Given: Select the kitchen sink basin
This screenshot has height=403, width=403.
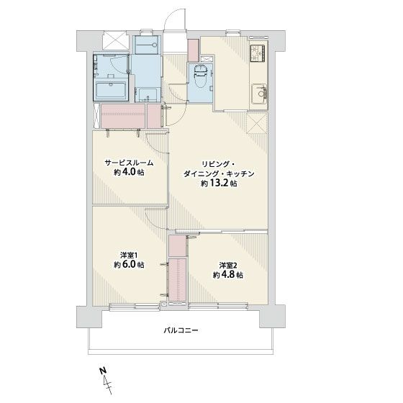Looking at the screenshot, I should point(258,92).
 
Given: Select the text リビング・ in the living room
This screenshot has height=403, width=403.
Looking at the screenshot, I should point(217,163).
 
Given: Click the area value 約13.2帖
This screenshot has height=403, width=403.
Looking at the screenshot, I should point(219,184).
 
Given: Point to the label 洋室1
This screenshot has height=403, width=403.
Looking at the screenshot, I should point(129,255).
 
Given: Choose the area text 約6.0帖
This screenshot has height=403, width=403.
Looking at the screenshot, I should point(129,265).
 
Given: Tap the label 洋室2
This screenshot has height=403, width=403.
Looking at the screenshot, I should point(228,265).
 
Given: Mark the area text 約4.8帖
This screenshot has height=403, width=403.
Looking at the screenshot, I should point(227,275).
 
